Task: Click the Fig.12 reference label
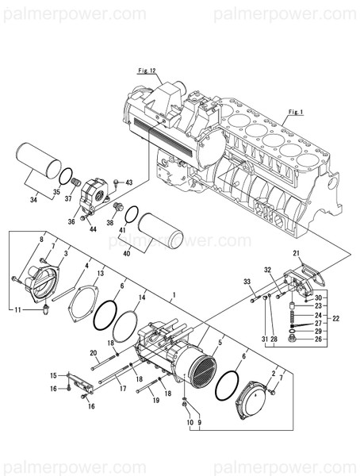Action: pyautogui.click(x=151, y=71)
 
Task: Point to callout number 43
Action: pyautogui.click(x=129, y=183)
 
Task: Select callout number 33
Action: pyautogui.click(x=247, y=282)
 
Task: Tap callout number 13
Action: pyautogui.click(x=100, y=274)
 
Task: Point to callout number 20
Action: pyautogui.click(x=94, y=353)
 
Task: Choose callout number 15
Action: pyautogui.click(x=54, y=375)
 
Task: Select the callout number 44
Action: pyautogui.click(x=93, y=229)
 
